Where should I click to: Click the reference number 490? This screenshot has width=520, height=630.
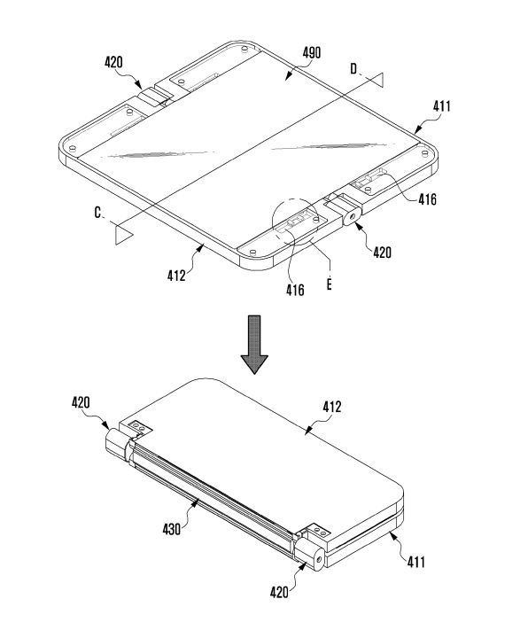(312, 52)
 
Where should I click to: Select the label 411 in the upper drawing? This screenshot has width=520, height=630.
(442, 106)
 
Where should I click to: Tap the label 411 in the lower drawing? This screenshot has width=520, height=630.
(416, 562)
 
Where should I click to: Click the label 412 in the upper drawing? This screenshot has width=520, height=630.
(176, 276)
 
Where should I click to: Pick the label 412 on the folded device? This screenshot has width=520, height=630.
(332, 407)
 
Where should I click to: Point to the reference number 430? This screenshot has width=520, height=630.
(172, 529)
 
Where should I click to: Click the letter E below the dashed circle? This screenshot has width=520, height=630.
(330, 284)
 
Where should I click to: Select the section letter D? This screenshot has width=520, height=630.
(353, 69)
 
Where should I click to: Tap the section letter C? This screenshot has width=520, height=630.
(97, 212)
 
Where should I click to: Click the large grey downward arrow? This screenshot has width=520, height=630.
(254, 345)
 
